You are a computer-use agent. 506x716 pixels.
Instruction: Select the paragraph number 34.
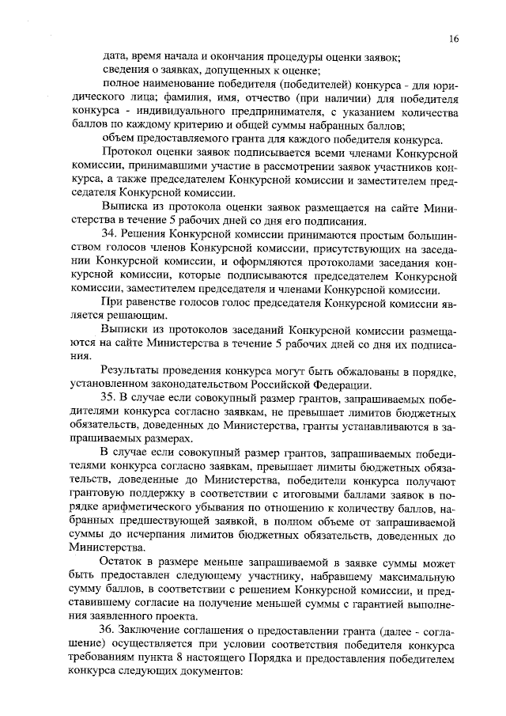[111, 235]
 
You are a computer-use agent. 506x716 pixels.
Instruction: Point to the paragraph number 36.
[111, 628]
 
